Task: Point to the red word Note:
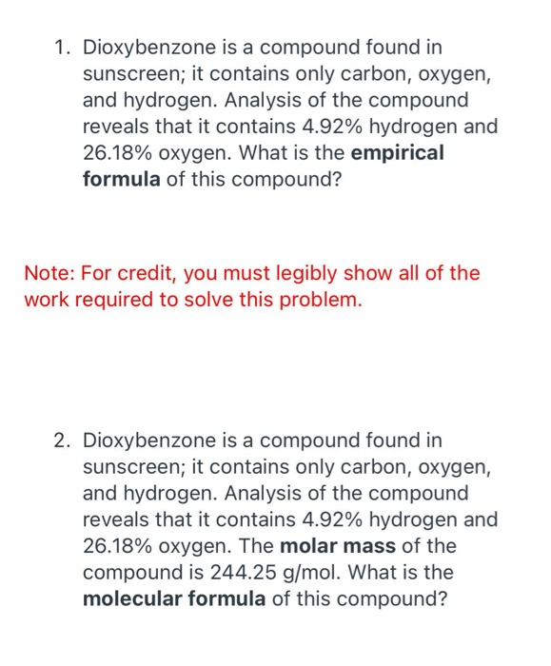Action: [x=49, y=274]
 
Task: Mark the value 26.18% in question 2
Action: [x=119, y=546]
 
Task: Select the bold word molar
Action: [x=310, y=546]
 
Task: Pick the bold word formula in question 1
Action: [x=121, y=179]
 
